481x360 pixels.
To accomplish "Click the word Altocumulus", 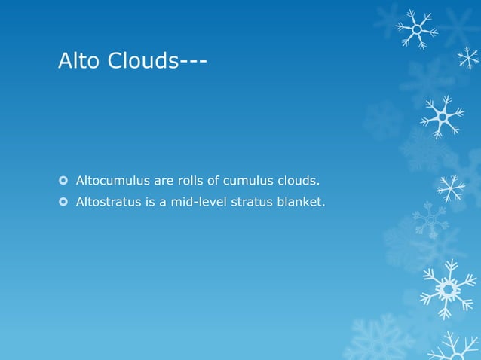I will click(110, 181).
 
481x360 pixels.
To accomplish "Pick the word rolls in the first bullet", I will click(185, 181).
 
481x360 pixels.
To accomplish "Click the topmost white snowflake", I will click(416, 29).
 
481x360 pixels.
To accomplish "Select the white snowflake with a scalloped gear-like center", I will click(448, 288).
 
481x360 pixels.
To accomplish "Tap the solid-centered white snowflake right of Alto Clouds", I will click(443, 117).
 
